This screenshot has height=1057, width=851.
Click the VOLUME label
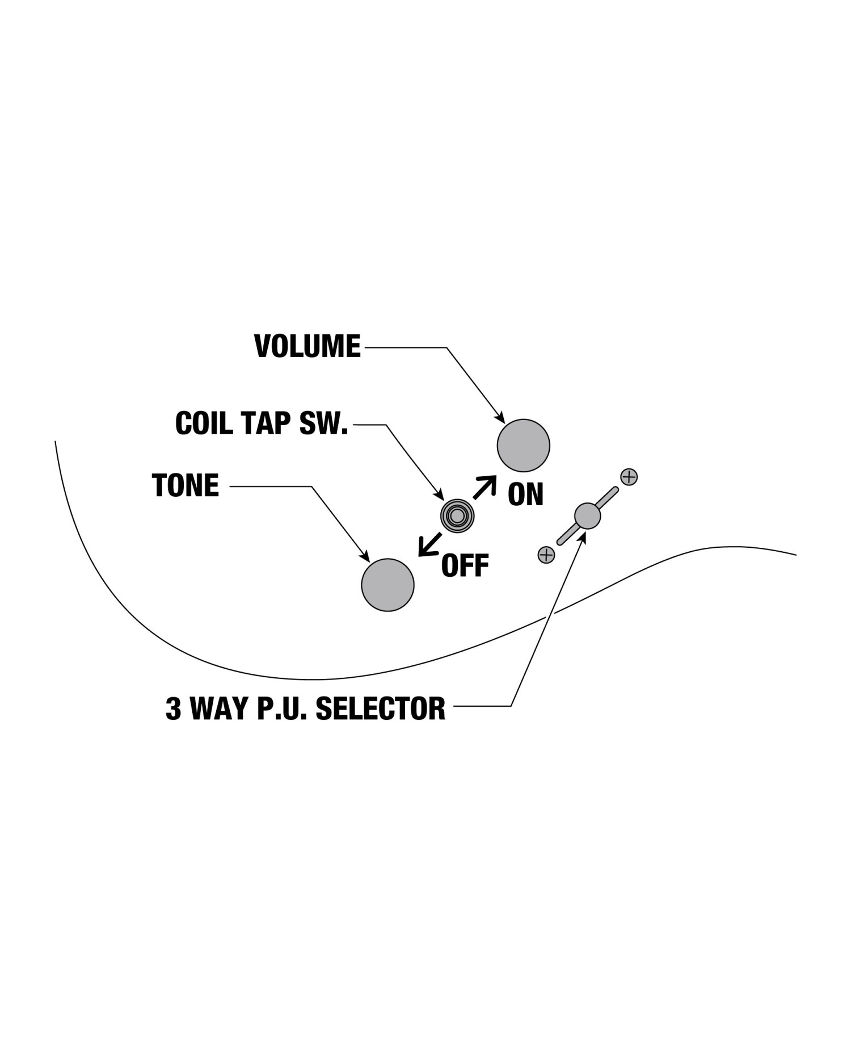pos(307,346)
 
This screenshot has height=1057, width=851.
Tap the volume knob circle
pos(523,446)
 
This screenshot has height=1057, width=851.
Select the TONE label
pos(186,485)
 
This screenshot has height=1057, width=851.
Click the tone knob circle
pos(387,585)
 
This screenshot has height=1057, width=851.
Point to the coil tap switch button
pos(457,515)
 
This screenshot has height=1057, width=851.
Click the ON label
pos(525,494)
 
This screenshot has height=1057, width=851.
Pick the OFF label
pos(465,565)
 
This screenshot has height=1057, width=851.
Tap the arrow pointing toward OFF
pos(429,544)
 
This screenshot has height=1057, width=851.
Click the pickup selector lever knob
pos(587,515)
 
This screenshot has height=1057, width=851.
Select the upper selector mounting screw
pos(629,477)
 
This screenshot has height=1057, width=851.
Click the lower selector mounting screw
pos(546,555)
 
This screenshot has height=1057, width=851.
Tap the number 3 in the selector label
pos(173,708)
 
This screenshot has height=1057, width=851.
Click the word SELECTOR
pos(380,708)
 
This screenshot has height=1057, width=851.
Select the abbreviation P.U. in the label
pos(283,708)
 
